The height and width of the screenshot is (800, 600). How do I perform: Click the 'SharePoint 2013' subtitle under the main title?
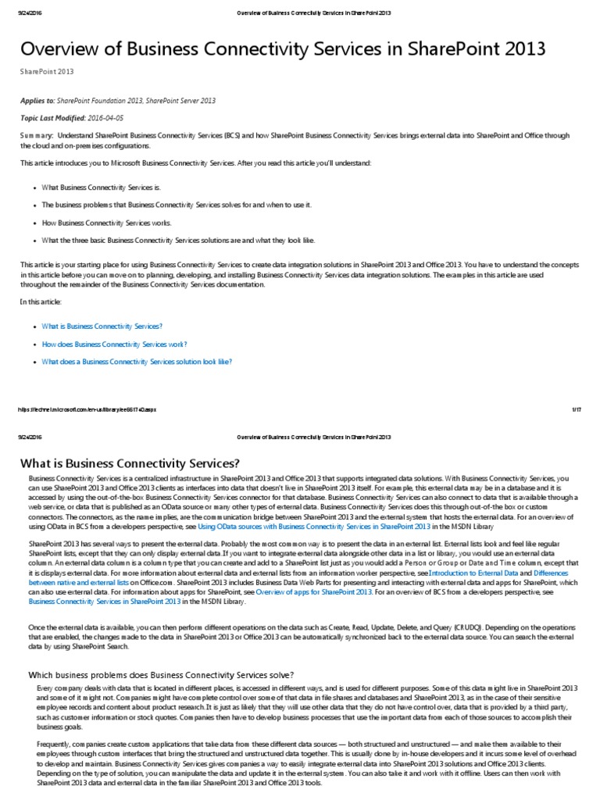point(47,72)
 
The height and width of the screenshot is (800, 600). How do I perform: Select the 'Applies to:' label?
point(39,101)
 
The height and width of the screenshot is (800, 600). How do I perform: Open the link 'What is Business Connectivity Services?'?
point(102,326)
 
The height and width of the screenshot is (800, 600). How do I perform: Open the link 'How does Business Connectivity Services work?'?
point(114,344)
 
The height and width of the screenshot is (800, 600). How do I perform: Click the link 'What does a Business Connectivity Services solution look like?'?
point(137,362)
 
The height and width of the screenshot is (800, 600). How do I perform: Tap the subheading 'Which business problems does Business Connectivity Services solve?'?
point(161,674)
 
